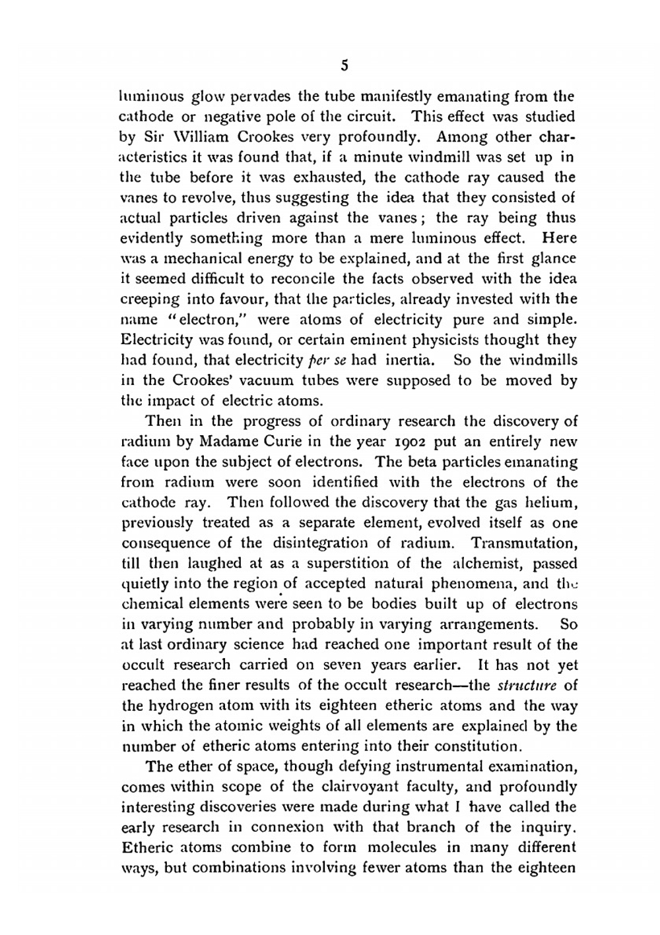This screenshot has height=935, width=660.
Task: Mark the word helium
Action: [552, 503]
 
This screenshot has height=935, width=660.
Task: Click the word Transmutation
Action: [524, 543]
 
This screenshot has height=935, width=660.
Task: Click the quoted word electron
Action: [211, 320]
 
